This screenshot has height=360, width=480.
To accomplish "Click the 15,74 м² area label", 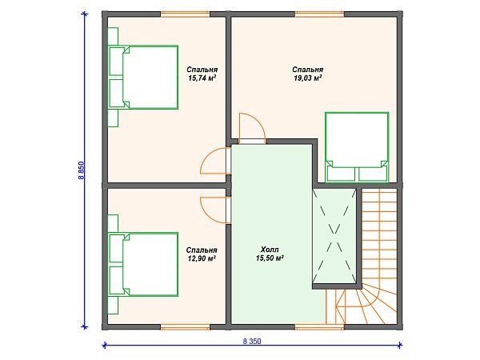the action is pos(202,78).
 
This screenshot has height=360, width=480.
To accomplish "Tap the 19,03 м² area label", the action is pos(308,78).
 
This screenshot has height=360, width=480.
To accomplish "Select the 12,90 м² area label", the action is pos(202,258).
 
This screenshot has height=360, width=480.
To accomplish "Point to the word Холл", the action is pos(270,250).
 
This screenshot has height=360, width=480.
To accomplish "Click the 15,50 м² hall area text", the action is pos(270,258).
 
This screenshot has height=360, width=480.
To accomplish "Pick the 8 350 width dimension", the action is pos(252,341).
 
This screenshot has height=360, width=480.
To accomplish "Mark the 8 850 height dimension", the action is pos(81,170).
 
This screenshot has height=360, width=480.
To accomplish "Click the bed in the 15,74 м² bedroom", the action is pos(143,77).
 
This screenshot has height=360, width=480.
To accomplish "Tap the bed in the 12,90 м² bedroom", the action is pos(143,265).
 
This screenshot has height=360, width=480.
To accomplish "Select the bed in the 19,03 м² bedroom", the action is pos(357,147).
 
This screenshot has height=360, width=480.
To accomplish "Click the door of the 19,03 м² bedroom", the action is pos(252,128).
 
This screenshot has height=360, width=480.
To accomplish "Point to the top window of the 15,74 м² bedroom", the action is pos(186,14).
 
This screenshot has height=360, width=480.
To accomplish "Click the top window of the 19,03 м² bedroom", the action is pos(319,14).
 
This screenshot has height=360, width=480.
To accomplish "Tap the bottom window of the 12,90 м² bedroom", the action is pos(186,327).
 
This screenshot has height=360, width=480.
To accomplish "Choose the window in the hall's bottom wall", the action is pos(319,327).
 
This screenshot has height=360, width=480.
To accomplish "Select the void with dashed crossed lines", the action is pos(334,236).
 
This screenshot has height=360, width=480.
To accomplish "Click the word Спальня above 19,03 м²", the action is pos(308,70).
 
